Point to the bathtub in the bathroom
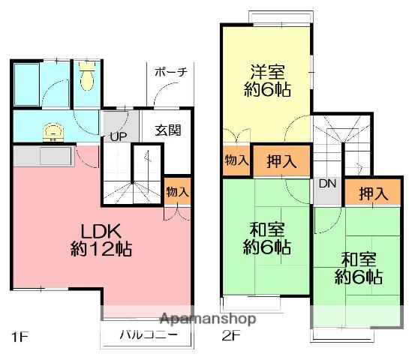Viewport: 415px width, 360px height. tap(28, 85)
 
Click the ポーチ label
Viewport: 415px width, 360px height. tap(170, 73)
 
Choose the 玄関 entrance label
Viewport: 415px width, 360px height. tap(167, 130)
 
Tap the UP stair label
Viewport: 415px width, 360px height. tap(118, 136)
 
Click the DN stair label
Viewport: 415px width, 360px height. tap(327, 184)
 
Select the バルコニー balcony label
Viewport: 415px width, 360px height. tap(147, 335)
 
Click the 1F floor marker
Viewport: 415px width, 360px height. tap(20, 335)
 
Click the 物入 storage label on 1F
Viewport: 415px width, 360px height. tap(177, 192)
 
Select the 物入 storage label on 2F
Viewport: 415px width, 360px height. tap(235, 160)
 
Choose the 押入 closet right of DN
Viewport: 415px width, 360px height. tap(373, 193)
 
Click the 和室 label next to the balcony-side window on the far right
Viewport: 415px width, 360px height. tap(359, 259)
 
